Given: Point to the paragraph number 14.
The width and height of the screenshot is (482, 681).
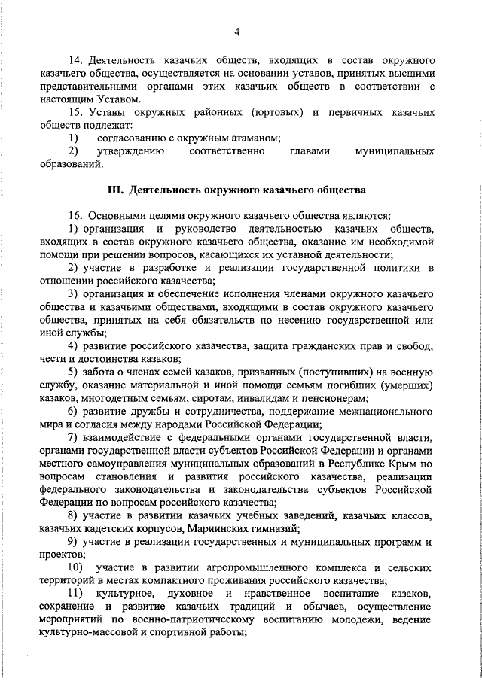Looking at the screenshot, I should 75,59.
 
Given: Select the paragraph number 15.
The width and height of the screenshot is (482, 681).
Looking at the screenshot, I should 75,112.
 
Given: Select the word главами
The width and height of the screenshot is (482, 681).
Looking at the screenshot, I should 310,151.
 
